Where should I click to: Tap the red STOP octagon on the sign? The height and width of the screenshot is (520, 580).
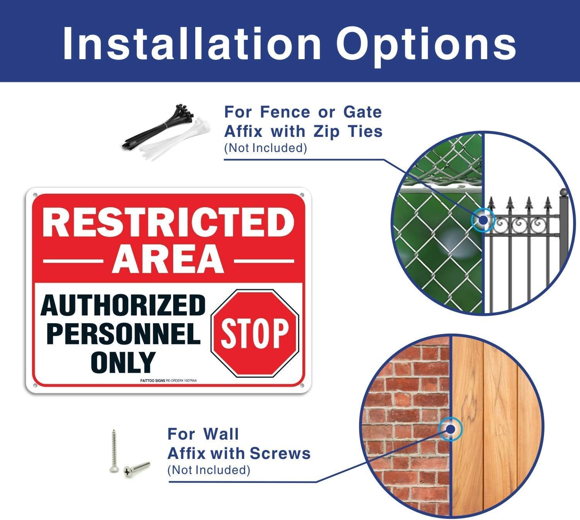(255, 333)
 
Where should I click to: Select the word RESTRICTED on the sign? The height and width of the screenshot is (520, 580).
(169, 223)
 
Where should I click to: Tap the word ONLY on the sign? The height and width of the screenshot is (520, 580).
(123, 362)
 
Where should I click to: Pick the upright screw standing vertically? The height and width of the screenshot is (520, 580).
(114, 450)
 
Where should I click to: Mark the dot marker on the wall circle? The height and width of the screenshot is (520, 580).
(450, 428)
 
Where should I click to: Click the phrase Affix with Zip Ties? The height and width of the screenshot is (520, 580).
(303, 131)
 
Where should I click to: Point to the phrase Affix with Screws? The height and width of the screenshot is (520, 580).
(239, 453)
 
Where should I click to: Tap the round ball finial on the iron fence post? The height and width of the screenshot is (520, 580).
(562, 192)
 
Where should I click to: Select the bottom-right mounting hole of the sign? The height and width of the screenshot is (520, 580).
(302, 385)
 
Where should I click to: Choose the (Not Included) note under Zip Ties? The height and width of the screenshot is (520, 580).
(265, 148)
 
